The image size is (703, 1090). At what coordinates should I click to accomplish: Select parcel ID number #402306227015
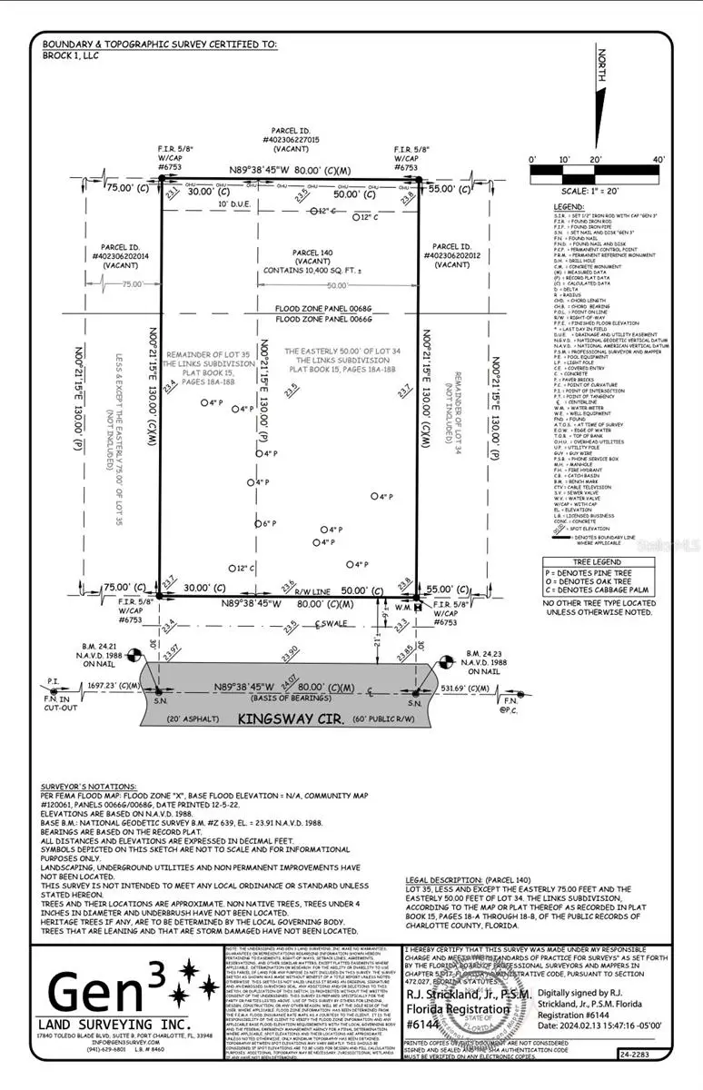tap(291, 141)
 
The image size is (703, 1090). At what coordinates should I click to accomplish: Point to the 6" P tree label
tap(268, 524)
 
